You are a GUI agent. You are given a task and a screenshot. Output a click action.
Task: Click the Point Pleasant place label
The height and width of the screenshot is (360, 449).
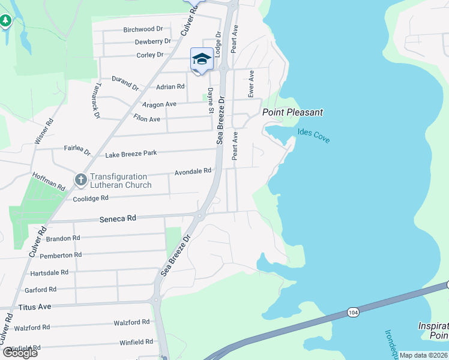[292, 112]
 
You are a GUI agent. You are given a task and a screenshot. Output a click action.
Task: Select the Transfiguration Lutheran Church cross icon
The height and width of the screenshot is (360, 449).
[81, 179]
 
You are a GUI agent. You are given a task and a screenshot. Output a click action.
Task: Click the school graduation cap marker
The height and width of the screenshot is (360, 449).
[202, 59]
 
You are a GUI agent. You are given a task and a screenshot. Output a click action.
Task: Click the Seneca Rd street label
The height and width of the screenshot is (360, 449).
[118, 219]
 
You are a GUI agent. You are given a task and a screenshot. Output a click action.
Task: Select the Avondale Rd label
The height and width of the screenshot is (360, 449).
[193, 171]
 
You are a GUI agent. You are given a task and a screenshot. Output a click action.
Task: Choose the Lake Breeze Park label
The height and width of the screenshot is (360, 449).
[131, 154]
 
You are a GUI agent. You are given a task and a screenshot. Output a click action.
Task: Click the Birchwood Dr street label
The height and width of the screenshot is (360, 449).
[143, 29]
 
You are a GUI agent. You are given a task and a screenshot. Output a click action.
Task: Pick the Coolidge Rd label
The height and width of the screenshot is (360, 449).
[90, 198]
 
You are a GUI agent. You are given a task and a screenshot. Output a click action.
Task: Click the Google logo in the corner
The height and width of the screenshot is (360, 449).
[20, 353]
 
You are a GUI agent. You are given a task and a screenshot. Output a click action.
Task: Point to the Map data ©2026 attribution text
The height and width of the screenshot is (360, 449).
[423, 355]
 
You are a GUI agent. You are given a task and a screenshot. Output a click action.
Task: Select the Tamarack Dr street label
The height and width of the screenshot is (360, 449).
[95, 100]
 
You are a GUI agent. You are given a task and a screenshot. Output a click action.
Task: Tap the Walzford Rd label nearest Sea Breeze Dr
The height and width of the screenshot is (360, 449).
[131, 323]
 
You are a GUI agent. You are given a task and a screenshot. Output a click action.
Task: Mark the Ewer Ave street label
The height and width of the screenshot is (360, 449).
[252, 84]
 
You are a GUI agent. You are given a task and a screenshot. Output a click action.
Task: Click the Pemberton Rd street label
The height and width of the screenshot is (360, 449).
[60, 255]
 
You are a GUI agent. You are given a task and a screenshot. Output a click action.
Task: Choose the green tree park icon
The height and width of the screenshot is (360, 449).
[5, 21]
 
